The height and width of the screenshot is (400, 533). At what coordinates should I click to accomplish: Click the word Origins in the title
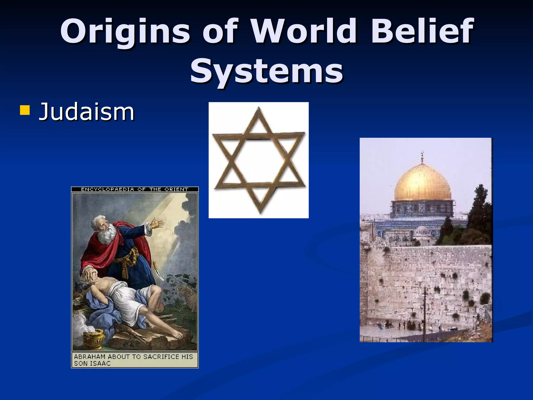click(x=125, y=32)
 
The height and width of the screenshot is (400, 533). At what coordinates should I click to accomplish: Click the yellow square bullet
click(x=25, y=110)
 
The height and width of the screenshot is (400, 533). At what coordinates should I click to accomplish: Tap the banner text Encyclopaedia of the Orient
click(x=135, y=189)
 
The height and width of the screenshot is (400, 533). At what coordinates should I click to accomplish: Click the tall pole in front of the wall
click(x=424, y=312)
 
